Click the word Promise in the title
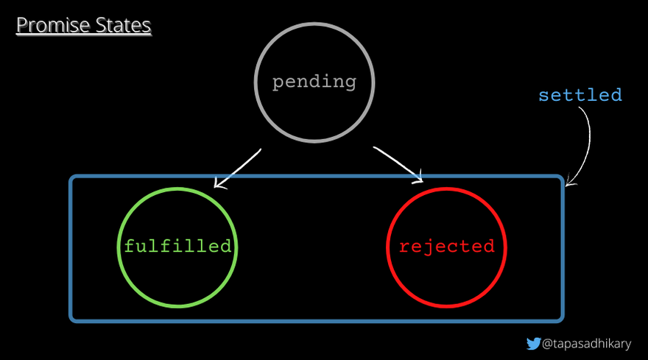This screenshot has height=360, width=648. coord(53,25)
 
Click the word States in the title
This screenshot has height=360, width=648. coord(123,25)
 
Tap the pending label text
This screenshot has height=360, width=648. coord(314,82)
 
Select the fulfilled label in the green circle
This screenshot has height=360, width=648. coord(177,247)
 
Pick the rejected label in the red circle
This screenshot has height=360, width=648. coord(447,247)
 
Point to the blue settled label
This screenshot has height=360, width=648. coord(580,95)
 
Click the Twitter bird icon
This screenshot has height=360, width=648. coord(534,344)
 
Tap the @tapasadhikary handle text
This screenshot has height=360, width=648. coord(586,344)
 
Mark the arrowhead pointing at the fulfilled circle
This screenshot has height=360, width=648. coord(219,183)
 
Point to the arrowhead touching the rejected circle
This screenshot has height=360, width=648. coord(418,177)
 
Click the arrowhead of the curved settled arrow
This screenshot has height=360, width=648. coord(569,181)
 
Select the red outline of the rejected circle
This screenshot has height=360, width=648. coord(387,247)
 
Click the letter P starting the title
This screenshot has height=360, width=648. coord(22,25)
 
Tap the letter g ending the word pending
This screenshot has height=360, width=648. coord(350,84)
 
